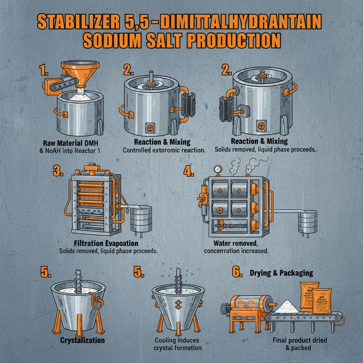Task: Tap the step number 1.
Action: click(44, 70)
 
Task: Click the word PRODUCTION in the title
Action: click(233, 41)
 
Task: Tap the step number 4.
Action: click(189, 171)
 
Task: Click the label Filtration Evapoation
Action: click(106, 244)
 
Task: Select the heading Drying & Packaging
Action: click(282, 273)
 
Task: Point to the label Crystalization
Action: click(83, 340)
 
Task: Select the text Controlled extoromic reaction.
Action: click(164, 150)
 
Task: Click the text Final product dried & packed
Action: click(300, 344)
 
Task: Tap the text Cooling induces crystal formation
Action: click(177, 344)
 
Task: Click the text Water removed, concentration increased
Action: click(236, 247)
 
